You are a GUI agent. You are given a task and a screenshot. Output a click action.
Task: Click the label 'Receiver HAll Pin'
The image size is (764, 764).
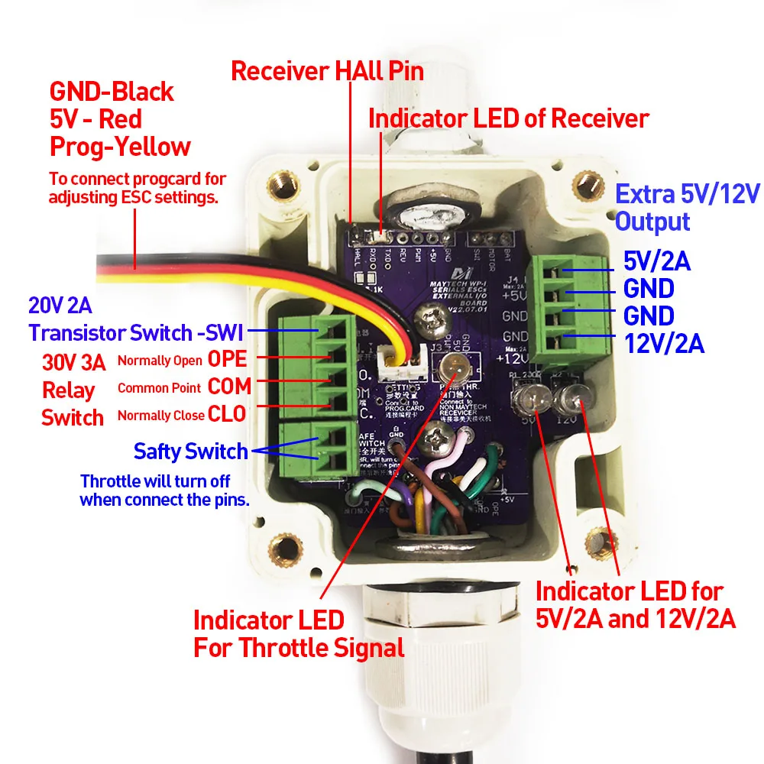pos(327,72)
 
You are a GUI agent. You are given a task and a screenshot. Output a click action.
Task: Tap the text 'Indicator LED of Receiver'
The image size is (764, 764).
pos(508,118)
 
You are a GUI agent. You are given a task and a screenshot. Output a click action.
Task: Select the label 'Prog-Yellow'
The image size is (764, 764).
pos(120,146)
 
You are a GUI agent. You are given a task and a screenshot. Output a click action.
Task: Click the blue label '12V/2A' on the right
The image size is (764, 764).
pos(663,344)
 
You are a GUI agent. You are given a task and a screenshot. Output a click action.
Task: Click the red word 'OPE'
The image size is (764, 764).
pos(227,359)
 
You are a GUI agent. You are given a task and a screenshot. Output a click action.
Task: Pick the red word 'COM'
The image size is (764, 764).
pos(229,387)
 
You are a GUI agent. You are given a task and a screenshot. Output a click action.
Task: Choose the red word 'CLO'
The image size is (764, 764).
pos(227,414)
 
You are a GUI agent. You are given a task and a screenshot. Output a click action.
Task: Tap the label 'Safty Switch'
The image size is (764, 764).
pos(190,451)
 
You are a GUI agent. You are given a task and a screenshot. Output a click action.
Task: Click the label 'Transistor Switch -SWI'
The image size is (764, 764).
pos(136,333)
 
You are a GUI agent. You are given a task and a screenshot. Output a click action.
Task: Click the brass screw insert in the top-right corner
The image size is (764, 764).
pos(587,184)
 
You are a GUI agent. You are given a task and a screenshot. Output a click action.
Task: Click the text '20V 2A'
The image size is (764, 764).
pos(60,306)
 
